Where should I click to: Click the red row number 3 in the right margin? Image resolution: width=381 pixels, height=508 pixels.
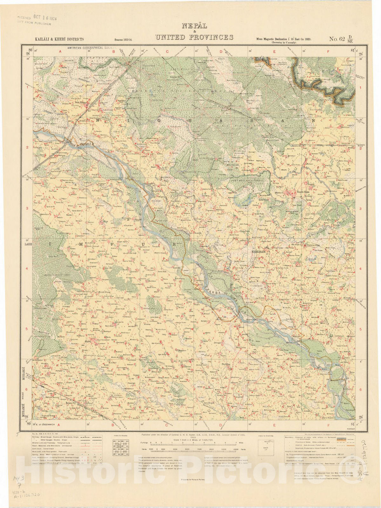point(360,209)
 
